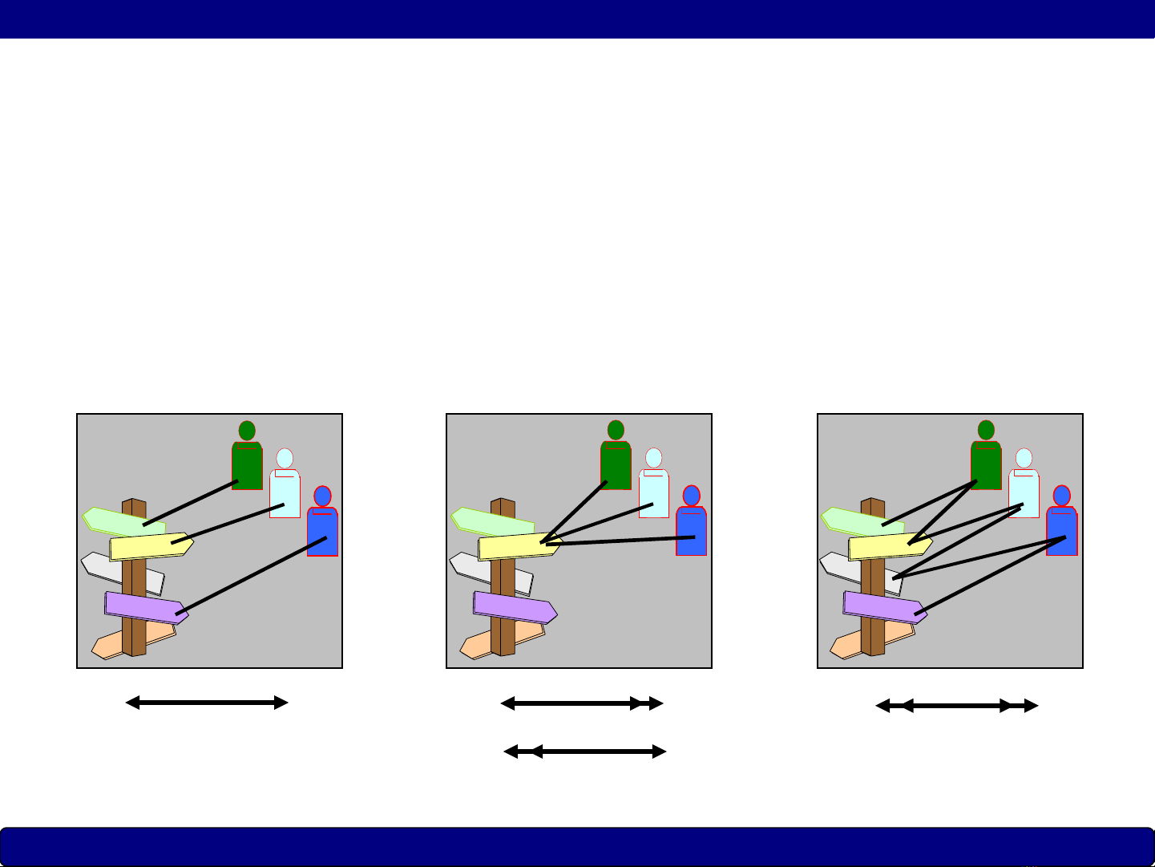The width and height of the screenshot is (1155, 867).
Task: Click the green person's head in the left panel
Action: tap(247, 431)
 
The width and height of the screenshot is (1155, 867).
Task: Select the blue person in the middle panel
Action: tap(691, 525)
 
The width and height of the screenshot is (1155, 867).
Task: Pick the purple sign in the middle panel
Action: tap(513, 607)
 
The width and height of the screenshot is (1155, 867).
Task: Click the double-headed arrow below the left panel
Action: tap(207, 703)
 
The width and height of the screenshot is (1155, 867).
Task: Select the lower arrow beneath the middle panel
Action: tap(585, 752)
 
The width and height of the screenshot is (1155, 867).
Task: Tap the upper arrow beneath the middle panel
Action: tap(582, 704)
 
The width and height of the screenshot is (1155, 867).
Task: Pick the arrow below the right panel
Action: tap(957, 707)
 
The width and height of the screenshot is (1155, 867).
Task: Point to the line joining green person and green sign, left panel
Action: tap(190, 504)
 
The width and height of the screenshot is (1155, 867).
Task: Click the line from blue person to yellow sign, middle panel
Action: tap(621, 541)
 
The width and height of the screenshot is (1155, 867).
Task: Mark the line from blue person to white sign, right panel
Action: tap(979, 557)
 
